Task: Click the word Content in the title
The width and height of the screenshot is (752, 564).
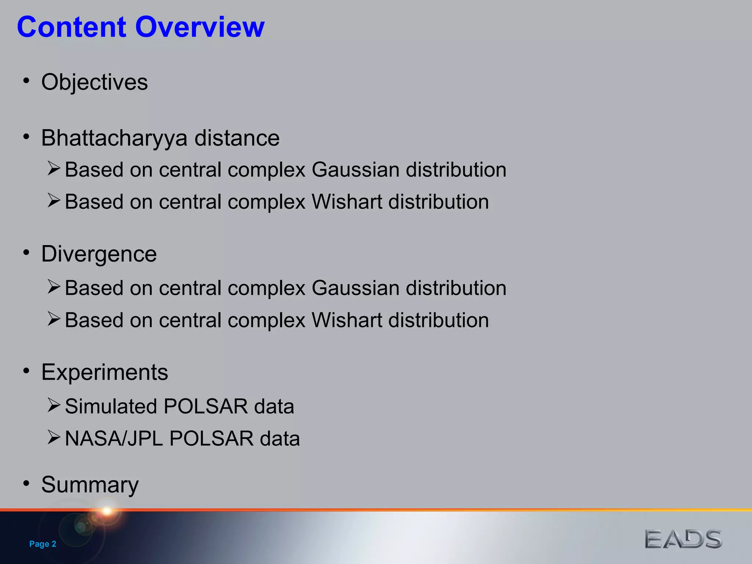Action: pos(72,27)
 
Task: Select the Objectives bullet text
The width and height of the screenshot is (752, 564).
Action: pos(94,82)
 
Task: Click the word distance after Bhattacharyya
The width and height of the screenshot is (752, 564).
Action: pos(237,138)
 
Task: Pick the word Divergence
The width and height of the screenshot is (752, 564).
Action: pos(99,254)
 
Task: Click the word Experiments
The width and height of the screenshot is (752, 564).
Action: pos(105,372)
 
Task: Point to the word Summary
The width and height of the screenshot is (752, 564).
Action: pos(90,485)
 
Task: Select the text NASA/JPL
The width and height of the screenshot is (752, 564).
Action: pos(114,439)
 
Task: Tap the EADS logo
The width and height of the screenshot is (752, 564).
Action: pos(683,539)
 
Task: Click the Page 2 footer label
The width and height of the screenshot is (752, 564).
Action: pos(43,544)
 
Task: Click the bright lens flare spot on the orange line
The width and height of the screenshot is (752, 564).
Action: pos(107,510)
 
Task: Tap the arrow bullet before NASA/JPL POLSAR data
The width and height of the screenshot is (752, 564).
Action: pos(54,437)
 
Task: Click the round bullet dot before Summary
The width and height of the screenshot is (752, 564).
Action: pos(26,483)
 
